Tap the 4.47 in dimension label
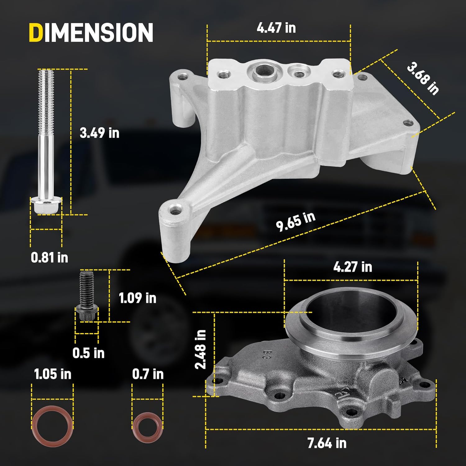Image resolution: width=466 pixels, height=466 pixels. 276,28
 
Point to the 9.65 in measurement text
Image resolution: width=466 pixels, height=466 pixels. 295,221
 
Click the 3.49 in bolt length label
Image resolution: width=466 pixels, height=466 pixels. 99,133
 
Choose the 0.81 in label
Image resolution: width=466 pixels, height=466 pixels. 49,258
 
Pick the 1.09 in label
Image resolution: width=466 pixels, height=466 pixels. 137,298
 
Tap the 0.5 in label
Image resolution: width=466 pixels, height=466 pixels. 88,353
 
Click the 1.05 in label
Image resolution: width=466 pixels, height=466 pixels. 53,374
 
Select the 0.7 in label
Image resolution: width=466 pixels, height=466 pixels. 148,374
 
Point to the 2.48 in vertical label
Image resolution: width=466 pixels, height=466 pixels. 201,349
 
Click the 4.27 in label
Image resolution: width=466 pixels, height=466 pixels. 352,267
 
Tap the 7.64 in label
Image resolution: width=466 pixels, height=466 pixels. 327,443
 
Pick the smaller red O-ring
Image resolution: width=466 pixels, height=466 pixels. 147,426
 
